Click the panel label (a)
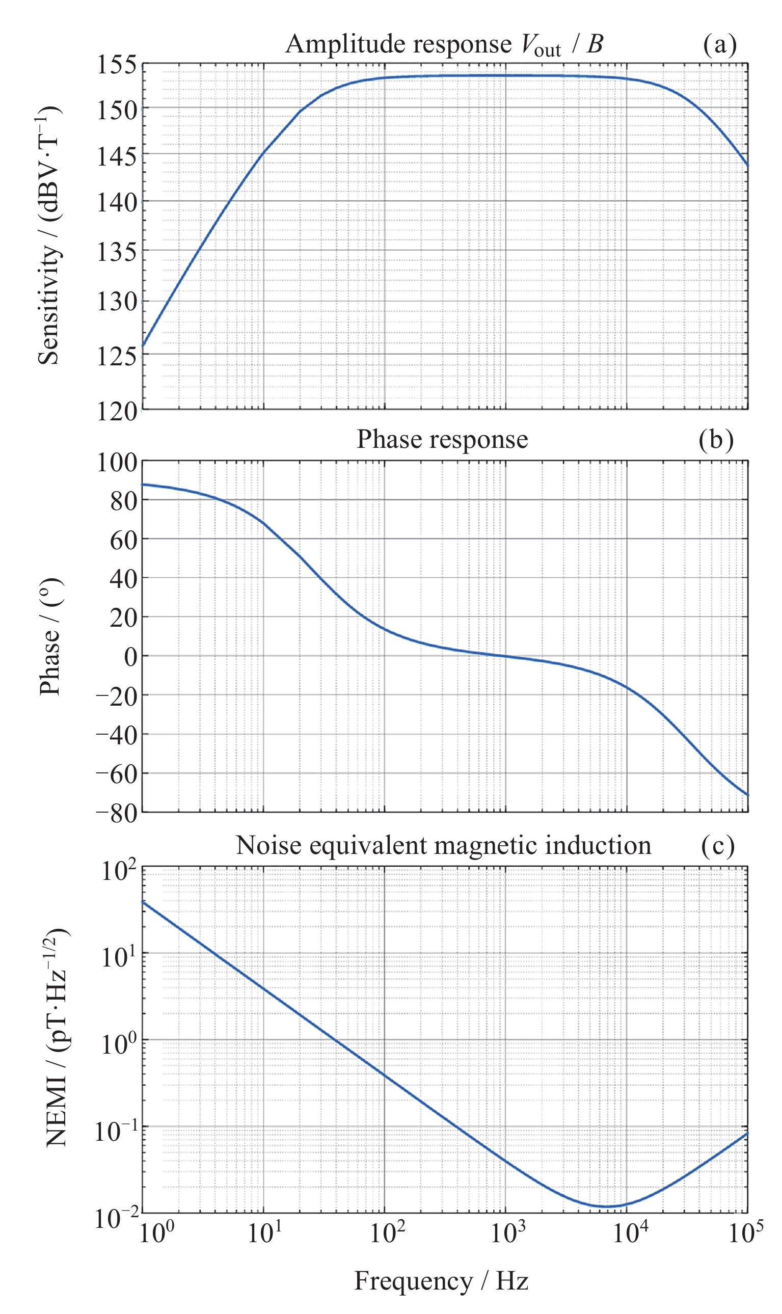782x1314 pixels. click(719, 45)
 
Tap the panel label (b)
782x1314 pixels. click(716, 439)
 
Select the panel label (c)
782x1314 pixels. click(717, 845)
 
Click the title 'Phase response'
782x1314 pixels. click(442, 439)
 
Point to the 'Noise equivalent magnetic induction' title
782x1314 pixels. click(443, 845)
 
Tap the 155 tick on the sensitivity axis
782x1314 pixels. click(117, 65)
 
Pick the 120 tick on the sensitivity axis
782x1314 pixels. click(117, 412)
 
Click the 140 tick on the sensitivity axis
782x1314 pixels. click(117, 202)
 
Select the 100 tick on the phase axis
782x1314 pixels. click(117, 463)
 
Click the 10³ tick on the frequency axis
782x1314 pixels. click(508, 1233)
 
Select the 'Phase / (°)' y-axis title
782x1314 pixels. click(50, 636)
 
